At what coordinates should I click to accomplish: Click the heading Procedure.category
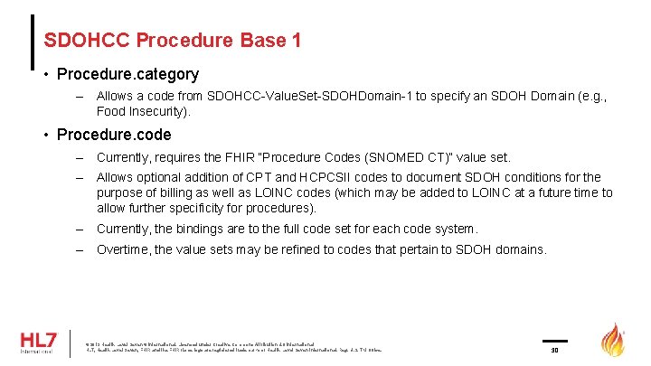click(127, 74)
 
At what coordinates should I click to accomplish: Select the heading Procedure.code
click(113, 136)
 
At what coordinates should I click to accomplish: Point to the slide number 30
click(555, 348)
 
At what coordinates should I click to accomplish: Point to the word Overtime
click(125, 249)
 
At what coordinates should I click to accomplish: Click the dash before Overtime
click(80, 249)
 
